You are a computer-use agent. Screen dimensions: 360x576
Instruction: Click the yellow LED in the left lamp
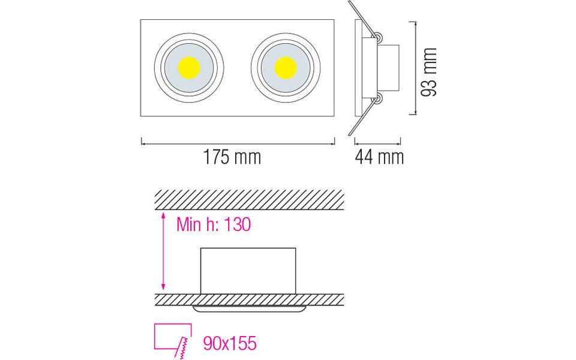(x=189, y=67)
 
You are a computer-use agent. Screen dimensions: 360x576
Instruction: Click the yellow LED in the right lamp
(x=286, y=67)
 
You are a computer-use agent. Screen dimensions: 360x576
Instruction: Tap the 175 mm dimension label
(x=232, y=158)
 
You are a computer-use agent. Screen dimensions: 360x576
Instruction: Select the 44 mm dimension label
(x=379, y=158)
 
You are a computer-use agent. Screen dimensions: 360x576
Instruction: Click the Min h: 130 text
(x=213, y=225)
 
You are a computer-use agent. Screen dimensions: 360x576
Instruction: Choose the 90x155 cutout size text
(x=230, y=343)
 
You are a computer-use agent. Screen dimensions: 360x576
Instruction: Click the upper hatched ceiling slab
(x=249, y=199)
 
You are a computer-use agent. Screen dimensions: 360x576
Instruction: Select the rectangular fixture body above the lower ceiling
(x=248, y=270)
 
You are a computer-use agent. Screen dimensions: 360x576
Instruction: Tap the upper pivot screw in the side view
(x=379, y=37)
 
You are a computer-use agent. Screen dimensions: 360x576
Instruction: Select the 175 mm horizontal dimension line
(x=238, y=142)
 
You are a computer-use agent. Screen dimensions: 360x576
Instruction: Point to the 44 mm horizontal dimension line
(x=377, y=142)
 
